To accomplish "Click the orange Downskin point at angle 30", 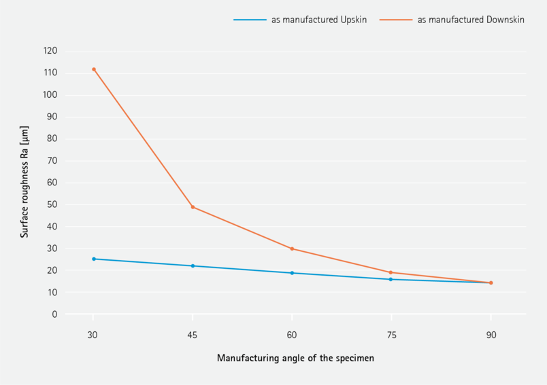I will click(94, 69).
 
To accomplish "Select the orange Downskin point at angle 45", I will click(193, 207).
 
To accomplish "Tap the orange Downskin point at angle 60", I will click(292, 249).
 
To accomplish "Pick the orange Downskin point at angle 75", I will click(391, 272).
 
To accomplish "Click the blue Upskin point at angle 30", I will click(94, 259).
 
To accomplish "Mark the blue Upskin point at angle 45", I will click(193, 265).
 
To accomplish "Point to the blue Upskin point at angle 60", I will click(292, 273).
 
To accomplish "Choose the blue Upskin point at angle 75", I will click(391, 279).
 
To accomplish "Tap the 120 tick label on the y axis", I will click(50, 51).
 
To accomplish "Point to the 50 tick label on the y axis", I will click(52, 204).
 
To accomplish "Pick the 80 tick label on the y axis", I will click(52, 139).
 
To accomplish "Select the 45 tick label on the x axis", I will click(193, 335).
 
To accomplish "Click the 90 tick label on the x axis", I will click(491, 335).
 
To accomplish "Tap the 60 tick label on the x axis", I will click(292, 335).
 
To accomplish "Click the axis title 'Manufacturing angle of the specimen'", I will click(295, 358).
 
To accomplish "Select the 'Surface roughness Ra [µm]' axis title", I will click(24, 181).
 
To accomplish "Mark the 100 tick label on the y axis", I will click(50, 95).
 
